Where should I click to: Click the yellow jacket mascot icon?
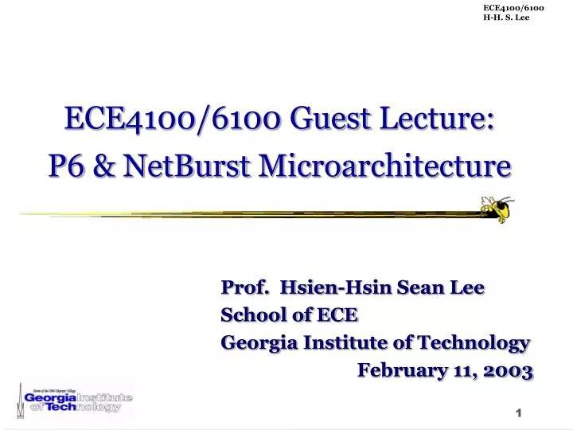494,208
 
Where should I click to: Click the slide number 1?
518,412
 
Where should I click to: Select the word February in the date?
400,371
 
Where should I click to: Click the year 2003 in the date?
505,371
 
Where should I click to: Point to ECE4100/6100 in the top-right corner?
513,8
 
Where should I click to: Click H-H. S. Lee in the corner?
506,18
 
